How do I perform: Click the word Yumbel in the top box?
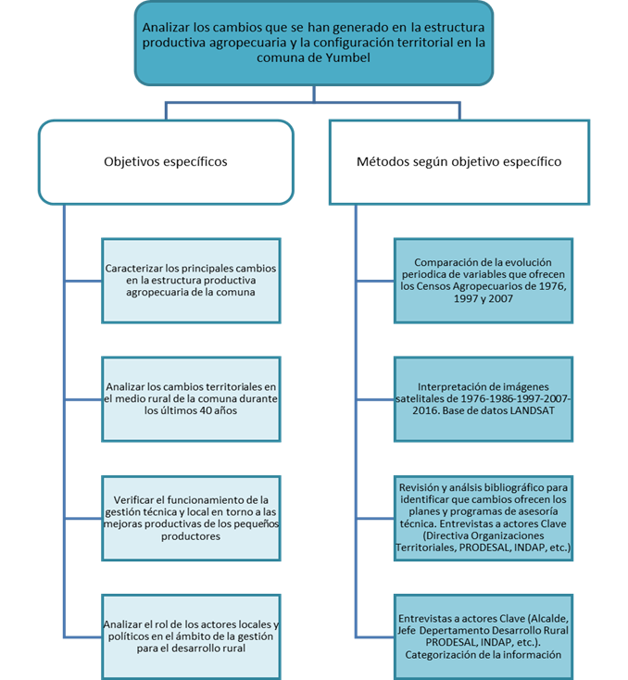coord(347,57)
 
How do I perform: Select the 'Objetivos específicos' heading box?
coord(166,162)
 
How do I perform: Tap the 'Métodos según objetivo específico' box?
coord(459,162)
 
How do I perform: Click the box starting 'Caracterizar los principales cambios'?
coord(191,281)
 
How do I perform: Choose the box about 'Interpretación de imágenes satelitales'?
coord(484,399)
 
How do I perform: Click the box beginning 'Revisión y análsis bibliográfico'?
coord(484,518)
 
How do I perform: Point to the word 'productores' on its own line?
coord(191,536)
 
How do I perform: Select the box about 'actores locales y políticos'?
coord(191,636)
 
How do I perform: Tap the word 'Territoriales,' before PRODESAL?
coord(425,548)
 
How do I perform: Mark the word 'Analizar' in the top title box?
coord(166,27)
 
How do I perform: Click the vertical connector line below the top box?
coord(314,94)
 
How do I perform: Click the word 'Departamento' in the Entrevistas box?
coord(451,630)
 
